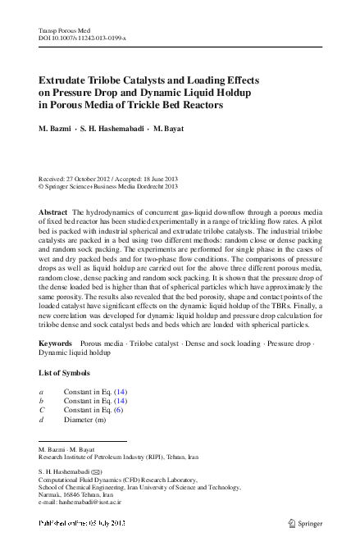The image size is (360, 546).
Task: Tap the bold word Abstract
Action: [x=53, y=212]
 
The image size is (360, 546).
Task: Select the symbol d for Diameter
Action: [x=41, y=419]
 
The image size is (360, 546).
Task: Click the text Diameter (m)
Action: [x=84, y=419]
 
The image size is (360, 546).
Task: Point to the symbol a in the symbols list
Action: [x=41, y=392]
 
